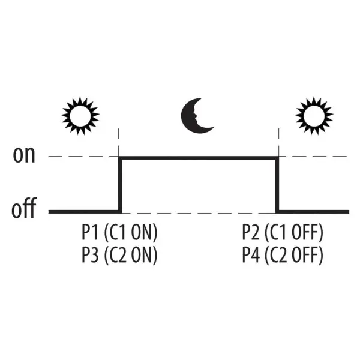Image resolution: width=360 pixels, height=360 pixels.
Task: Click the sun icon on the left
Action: pyautogui.click(x=80, y=116)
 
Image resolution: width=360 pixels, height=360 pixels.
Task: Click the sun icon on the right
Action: pyautogui.click(x=314, y=116)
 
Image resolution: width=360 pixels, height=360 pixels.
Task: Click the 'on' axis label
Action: pyautogui.click(x=24, y=155)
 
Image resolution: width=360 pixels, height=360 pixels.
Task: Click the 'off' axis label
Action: pyautogui.click(x=24, y=208)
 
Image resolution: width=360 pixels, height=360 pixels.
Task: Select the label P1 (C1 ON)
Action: pyautogui.click(x=119, y=232)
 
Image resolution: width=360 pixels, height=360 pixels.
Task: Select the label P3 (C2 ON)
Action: pyautogui.click(x=119, y=255)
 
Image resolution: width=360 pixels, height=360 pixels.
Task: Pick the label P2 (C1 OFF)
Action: pyautogui.click(x=283, y=232)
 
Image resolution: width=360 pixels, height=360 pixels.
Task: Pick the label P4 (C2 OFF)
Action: pyautogui.click(x=283, y=255)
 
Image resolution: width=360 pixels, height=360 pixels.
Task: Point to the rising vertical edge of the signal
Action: pyautogui.click(x=120, y=185)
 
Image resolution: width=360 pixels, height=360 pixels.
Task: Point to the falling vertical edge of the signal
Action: pyautogui.click(x=277, y=185)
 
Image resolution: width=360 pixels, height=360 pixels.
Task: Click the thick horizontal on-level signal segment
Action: pyautogui.click(x=199, y=158)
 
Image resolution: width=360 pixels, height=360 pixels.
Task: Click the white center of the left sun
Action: pyautogui.click(x=80, y=116)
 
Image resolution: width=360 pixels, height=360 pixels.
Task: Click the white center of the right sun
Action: pyautogui.click(x=314, y=116)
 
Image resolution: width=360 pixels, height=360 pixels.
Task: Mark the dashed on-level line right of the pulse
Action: pyautogui.click(x=313, y=157)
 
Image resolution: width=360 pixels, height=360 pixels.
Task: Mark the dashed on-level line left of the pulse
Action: pyautogui.click(x=83, y=157)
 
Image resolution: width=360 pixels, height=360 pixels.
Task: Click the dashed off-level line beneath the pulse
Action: pyautogui.click(x=199, y=213)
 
